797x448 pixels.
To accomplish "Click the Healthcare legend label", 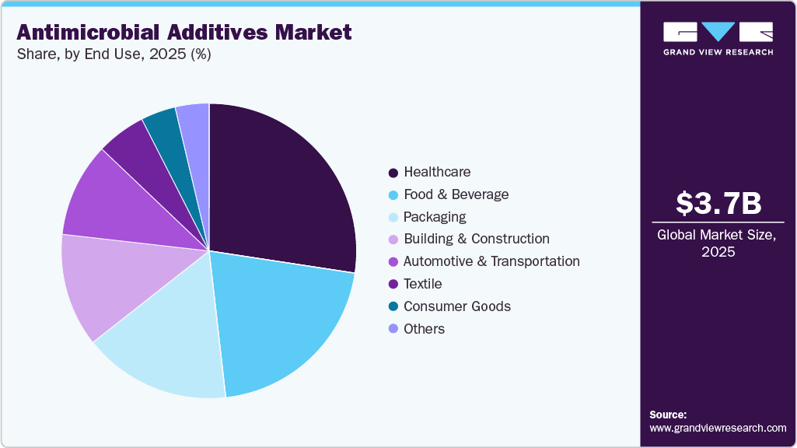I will point(437,172).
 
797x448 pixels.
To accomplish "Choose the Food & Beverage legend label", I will point(456,194).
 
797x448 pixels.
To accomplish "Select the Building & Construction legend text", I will point(476,239).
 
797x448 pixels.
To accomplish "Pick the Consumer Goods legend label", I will point(457,306).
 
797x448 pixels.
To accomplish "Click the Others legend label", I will point(424,329).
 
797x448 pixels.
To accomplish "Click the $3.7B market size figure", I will point(718,203).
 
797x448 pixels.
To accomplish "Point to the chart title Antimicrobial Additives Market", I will point(184,33).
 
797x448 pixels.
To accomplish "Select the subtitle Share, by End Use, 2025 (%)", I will point(114,55).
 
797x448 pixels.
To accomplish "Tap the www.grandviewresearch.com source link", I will point(718,428).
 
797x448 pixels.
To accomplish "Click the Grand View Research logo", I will point(718,38).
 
